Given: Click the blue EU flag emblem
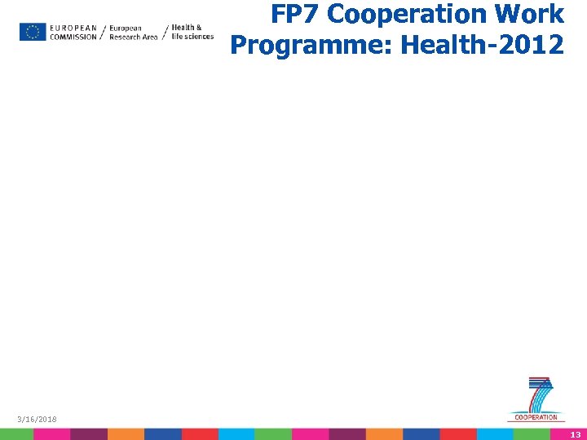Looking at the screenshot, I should (33, 32).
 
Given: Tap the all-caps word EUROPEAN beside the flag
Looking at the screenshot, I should (73, 28).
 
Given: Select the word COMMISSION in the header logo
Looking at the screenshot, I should (73, 37).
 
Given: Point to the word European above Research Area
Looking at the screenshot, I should (125, 28).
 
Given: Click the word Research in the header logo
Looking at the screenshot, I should (121, 37).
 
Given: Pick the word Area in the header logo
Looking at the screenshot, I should (149, 37).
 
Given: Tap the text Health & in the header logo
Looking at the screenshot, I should (187, 27).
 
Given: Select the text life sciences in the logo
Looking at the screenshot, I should (192, 37).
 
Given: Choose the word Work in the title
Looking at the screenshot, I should (537, 15).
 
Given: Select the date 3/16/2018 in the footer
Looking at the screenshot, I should (38, 419).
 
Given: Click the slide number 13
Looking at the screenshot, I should (575, 434).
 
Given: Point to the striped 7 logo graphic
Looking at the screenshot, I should (540, 394).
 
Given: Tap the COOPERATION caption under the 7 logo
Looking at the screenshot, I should (536, 417).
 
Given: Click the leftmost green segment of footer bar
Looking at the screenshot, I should (16, 434).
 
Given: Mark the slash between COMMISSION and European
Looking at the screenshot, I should (102, 32).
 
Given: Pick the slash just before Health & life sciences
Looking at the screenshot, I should (166, 32).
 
